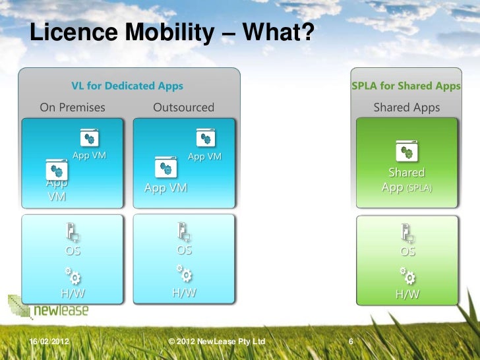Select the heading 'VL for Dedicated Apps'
click(x=127, y=86)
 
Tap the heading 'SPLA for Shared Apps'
click(x=406, y=86)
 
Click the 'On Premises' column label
click(x=73, y=107)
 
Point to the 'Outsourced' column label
click(x=183, y=107)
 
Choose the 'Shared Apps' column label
click(x=406, y=107)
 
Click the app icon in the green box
click(x=406, y=152)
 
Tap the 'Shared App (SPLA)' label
click(x=406, y=180)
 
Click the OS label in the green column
click(x=407, y=251)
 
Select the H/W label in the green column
click(x=407, y=294)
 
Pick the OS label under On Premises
click(x=73, y=251)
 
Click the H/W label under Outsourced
click(x=184, y=293)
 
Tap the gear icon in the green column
click(x=407, y=275)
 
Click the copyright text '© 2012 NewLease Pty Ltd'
click(x=216, y=342)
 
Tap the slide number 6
click(x=351, y=342)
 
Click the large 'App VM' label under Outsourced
click(x=165, y=188)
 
